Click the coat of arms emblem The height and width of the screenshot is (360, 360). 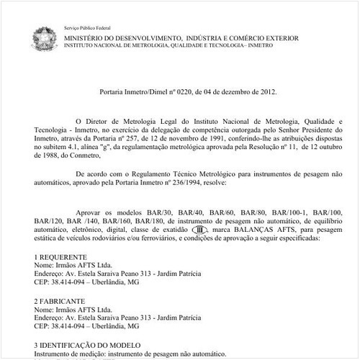pos(41,37)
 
